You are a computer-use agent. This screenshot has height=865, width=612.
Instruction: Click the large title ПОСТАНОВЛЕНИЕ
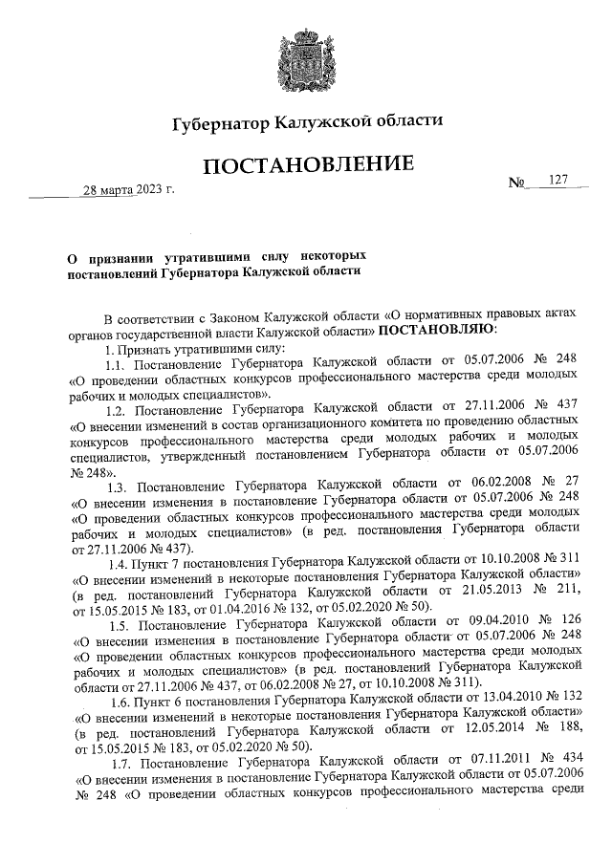point(306,166)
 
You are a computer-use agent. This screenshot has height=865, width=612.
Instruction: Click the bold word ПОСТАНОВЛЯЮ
point(437,331)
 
